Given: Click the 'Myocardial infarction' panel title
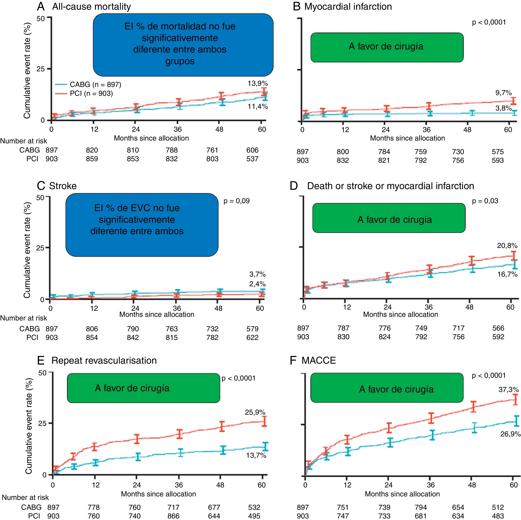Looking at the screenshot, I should click(x=348, y=6).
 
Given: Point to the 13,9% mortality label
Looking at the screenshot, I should click(x=258, y=84).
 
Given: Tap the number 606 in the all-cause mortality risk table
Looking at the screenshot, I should click(x=252, y=150).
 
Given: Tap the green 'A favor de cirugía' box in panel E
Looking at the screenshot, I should click(x=143, y=388).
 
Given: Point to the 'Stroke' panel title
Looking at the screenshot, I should click(x=63, y=186).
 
